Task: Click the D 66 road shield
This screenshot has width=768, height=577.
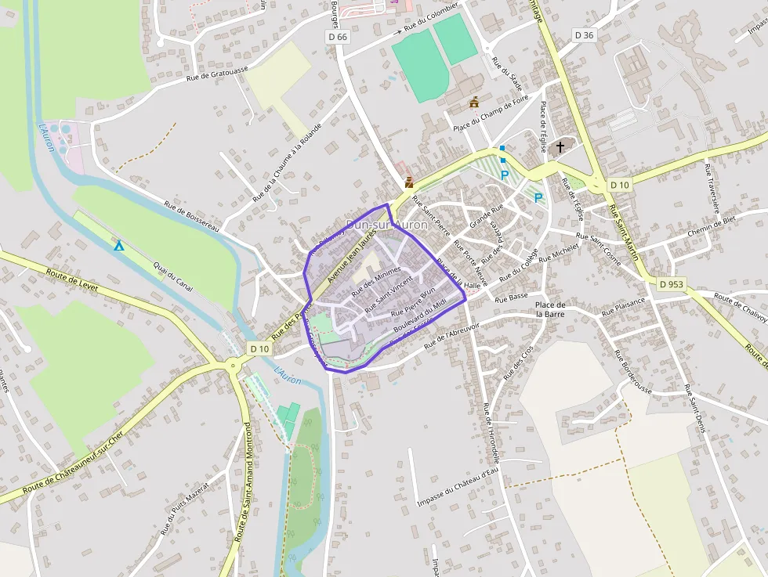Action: pos(336,37)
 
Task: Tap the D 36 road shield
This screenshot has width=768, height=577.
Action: pos(584,35)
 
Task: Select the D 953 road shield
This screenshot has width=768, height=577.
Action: pos(672,285)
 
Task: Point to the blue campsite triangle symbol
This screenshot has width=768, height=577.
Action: pos(119,246)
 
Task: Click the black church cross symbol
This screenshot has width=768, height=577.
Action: pos(560,146)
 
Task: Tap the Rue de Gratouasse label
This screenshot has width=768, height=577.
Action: pos(217,73)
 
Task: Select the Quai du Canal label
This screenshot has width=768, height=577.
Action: pos(173,276)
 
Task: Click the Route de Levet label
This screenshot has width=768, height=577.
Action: pos(72,279)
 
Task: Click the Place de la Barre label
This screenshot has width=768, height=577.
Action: pos(550,309)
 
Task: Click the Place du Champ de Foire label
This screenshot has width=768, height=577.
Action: pos(491,114)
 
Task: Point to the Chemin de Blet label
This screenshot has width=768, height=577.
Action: pos(711,226)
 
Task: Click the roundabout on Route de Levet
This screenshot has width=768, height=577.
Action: pos(232,365)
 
